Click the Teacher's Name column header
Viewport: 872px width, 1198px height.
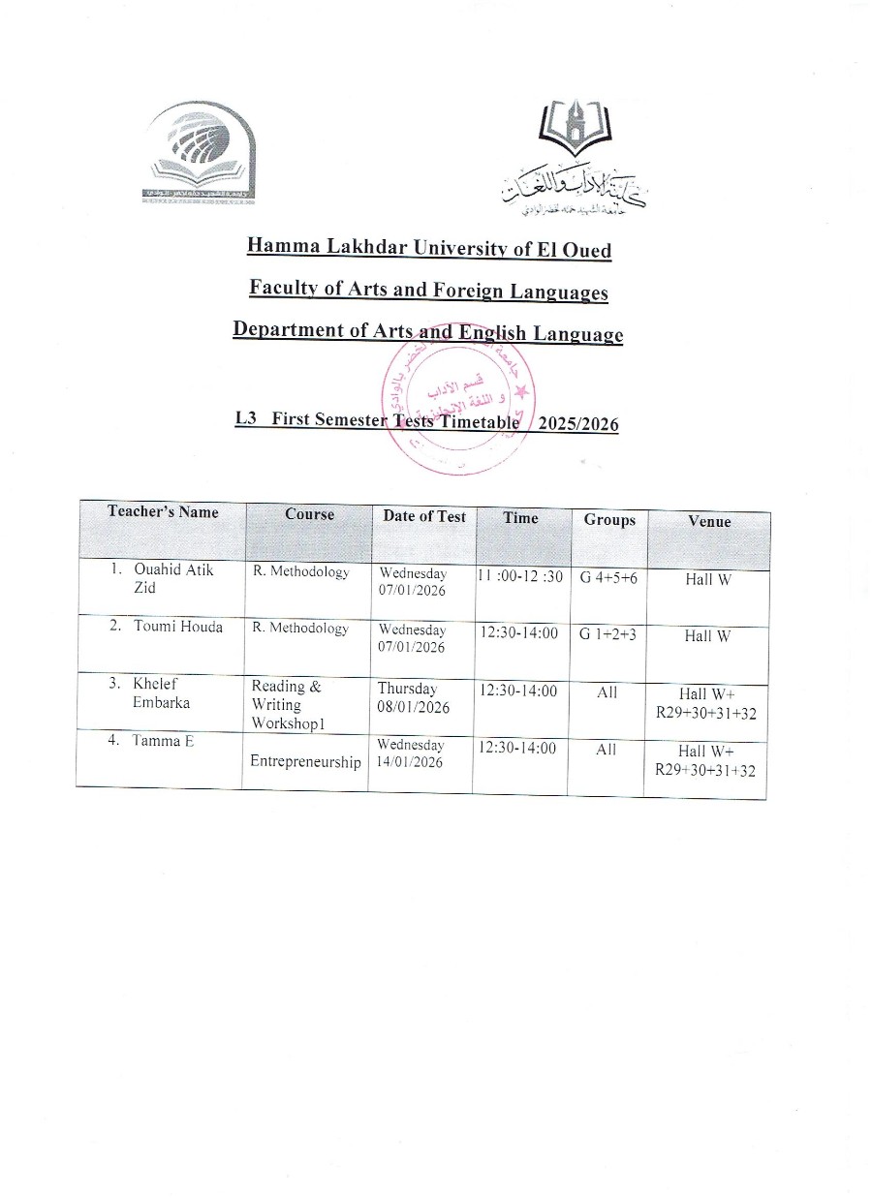point(163,511)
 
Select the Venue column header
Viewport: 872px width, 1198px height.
point(709,521)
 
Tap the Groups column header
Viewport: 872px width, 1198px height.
point(609,520)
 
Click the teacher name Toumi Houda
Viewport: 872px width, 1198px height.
point(177,627)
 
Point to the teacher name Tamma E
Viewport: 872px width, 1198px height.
point(164,741)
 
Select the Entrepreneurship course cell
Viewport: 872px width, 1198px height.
point(305,762)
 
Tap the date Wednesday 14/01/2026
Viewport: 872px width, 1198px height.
point(411,753)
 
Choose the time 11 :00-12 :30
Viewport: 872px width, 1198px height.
point(520,577)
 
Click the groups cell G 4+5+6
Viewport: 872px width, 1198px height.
point(608,578)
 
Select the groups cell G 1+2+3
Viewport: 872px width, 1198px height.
point(607,633)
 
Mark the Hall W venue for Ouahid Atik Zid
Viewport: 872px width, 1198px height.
point(707,579)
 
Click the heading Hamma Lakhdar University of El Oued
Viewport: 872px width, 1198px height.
point(429,248)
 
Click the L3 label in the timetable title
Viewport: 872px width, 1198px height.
point(244,418)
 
